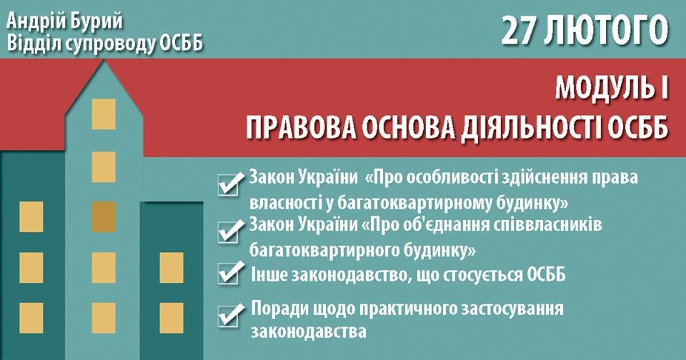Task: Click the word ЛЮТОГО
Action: [x=606, y=31]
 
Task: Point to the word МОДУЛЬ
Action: [x=605, y=89]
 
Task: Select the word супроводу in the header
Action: [x=114, y=44]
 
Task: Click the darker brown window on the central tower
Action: [x=104, y=216]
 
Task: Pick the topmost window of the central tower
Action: [x=104, y=114]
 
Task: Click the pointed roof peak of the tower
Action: [x=104, y=59]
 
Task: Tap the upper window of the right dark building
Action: [x=171, y=268]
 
